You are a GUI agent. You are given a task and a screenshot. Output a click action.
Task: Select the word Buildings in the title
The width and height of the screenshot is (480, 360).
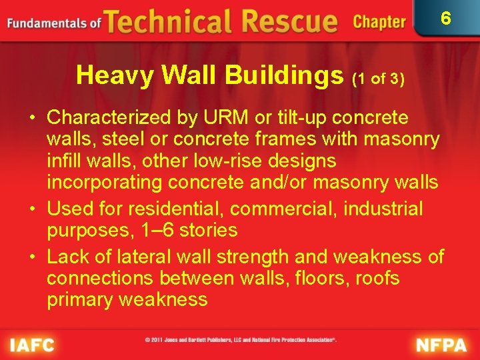pos(284,76)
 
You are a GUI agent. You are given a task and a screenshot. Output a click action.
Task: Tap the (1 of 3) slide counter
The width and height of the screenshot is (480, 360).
pos(378,79)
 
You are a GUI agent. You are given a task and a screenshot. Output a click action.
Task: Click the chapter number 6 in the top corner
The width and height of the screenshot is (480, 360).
pos(446,17)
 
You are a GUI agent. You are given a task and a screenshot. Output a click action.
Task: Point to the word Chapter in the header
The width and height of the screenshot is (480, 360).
pos(379,22)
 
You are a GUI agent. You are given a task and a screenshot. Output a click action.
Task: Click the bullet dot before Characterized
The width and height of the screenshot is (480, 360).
pos(32,119)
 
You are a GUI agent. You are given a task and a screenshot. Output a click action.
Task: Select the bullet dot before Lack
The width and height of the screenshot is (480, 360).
pos(32,257)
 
